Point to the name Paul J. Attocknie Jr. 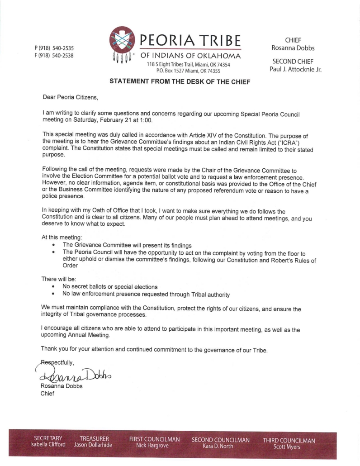[295, 69]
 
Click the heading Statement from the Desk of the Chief [180, 81]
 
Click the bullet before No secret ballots [54, 287]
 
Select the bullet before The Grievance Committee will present [54, 244]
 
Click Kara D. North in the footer [221, 446]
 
